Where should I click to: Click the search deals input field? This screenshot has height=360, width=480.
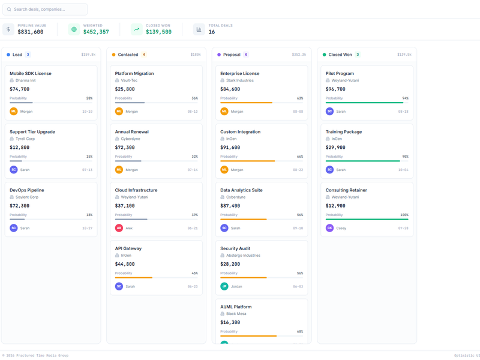pyautogui.click(x=45, y=10)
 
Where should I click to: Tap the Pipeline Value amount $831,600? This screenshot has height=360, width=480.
pyautogui.click(x=31, y=32)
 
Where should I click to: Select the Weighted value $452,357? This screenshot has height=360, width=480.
pyautogui.click(x=96, y=32)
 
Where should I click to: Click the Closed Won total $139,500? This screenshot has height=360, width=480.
pyautogui.click(x=158, y=32)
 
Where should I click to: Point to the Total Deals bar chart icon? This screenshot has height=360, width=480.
pyautogui.click(x=199, y=29)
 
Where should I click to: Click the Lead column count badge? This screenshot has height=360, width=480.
pyautogui.click(x=28, y=55)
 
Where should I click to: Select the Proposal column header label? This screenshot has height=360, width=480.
pyautogui.click(x=232, y=55)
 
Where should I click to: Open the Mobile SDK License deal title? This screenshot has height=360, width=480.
pyautogui.click(x=31, y=73)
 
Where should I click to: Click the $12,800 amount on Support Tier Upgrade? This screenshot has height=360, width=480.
pyautogui.click(x=20, y=147)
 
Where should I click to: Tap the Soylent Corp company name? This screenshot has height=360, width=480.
pyautogui.click(x=27, y=197)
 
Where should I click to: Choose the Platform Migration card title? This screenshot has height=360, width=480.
pyautogui.click(x=134, y=73)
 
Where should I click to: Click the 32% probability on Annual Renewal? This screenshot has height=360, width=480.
pyautogui.click(x=194, y=157)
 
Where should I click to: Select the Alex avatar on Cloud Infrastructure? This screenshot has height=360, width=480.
pyautogui.click(x=119, y=228)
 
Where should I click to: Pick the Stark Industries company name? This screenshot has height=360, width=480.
pyautogui.click(x=240, y=80)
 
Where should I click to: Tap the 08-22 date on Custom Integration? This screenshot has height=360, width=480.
pyautogui.click(x=298, y=170)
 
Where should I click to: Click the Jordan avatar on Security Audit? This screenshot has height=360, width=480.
pyautogui.click(x=224, y=286)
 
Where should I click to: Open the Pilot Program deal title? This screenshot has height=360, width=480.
pyautogui.click(x=340, y=73)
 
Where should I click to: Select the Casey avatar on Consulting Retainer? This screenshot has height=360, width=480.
pyautogui.click(x=329, y=228)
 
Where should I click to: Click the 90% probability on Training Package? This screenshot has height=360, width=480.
pyautogui.click(x=405, y=157)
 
